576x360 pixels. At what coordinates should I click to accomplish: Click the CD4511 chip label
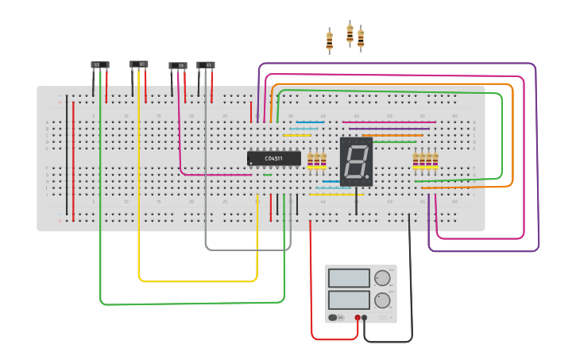click(273, 158)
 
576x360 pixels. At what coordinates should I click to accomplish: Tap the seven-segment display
click(356, 161)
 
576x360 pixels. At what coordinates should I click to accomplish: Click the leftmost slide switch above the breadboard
click(99, 65)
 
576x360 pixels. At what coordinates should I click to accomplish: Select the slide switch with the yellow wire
click(139, 64)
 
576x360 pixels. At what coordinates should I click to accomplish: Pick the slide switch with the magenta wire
click(178, 65)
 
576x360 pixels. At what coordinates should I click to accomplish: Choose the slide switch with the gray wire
click(206, 65)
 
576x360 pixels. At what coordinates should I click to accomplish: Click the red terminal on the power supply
click(358, 318)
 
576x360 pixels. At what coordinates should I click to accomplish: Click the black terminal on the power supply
click(365, 318)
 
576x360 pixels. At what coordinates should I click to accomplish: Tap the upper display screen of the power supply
click(349, 278)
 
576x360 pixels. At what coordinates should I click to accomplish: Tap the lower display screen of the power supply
click(349, 300)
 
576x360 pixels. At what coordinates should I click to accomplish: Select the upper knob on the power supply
click(382, 278)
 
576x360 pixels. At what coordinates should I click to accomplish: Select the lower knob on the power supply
click(382, 300)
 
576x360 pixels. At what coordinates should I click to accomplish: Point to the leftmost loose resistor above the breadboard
click(329, 41)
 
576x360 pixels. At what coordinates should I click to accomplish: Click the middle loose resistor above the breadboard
click(350, 33)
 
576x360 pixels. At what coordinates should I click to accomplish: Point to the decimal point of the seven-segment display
click(367, 177)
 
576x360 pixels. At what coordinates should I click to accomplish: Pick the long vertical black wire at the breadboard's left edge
click(67, 155)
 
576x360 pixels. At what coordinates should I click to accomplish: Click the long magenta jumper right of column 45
click(389, 122)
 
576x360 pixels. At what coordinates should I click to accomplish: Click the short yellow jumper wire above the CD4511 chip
click(296, 135)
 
